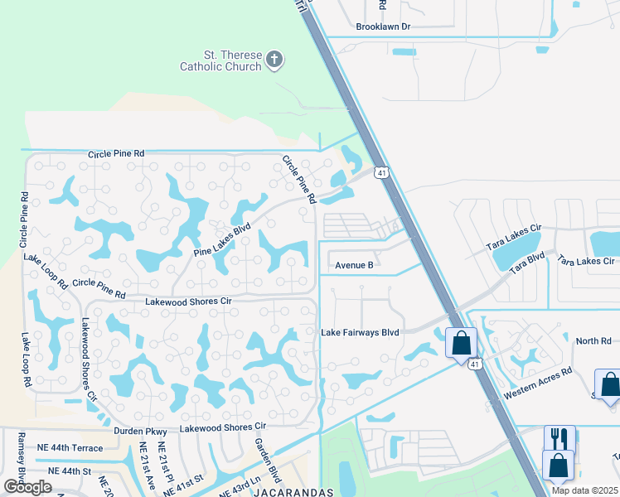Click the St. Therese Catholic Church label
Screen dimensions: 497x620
220,60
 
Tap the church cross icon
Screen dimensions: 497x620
274,60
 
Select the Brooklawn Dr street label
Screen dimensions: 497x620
383,27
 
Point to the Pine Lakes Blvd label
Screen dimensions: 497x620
221,241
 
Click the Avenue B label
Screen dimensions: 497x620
355,266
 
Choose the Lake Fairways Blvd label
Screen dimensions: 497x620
360,333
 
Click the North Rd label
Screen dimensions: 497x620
593,341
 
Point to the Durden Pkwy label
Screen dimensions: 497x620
133,432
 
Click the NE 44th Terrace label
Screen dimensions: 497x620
70,448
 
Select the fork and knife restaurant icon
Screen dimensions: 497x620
559,437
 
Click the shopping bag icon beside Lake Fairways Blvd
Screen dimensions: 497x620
461,341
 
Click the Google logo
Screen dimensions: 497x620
27,486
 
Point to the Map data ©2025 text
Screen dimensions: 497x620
584,491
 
